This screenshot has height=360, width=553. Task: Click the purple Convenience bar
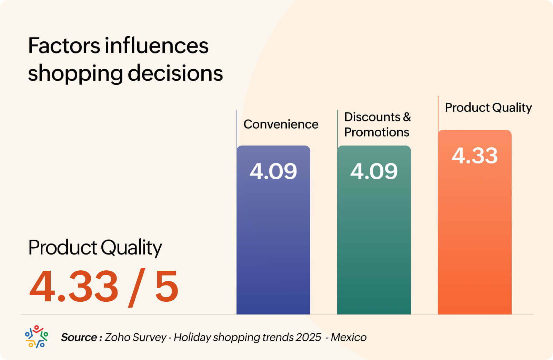[x=273, y=241]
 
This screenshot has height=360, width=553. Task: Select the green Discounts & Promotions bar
[x=374, y=241]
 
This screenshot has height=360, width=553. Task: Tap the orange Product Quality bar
[x=474, y=234]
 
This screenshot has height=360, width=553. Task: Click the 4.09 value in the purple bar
[x=273, y=171]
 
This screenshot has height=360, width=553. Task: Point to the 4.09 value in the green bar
[x=374, y=171]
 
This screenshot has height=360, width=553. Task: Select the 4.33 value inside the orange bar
[x=474, y=155]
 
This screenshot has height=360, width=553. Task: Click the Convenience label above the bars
[x=281, y=124]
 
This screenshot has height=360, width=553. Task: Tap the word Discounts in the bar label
[x=372, y=117]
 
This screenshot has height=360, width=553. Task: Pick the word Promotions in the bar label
[x=376, y=132]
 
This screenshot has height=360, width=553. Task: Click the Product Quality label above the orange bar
[x=488, y=108]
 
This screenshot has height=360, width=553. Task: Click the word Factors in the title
[x=64, y=46]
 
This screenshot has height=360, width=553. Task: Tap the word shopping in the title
[x=75, y=74]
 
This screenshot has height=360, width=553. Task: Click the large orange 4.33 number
[x=74, y=286]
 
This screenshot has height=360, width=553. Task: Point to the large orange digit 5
[x=167, y=286]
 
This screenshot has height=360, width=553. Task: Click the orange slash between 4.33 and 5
[x=136, y=287]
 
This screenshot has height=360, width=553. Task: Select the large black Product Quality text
[x=95, y=248]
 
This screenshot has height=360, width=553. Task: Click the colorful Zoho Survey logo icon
[x=36, y=337]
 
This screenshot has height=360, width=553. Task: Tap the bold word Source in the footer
[x=79, y=337]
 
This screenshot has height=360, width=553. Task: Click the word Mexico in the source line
[x=348, y=337]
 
